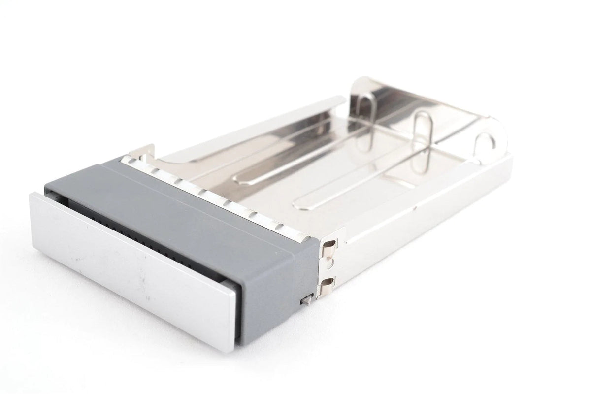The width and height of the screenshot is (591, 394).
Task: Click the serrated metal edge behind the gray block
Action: click(217, 192)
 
